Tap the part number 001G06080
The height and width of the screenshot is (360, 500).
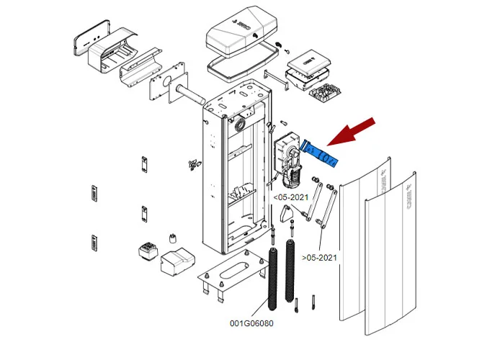tap(252, 323)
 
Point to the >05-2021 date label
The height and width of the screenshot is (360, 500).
tap(319, 257)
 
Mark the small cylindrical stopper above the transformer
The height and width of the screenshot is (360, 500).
tap(173, 239)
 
